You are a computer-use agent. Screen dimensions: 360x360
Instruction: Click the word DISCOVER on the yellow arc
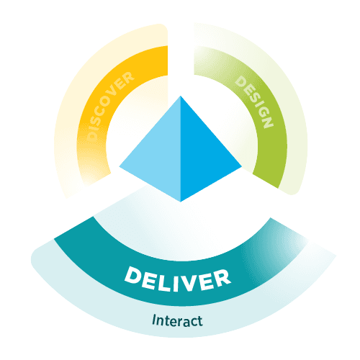pyautogui.click(x=110, y=106)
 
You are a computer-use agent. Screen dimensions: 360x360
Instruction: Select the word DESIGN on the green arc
pyautogui.click(x=254, y=102)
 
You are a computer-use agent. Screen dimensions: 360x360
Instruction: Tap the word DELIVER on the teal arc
pyautogui.click(x=178, y=280)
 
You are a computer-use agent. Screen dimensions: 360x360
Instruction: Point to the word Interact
pyautogui.click(x=177, y=320)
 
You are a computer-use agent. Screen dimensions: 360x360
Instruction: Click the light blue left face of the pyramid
pyautogui.click(x=158, y=156)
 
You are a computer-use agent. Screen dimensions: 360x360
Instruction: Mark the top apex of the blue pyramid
pyautogui.click(x=181, y=96)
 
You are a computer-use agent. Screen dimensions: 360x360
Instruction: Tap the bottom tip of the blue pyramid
pyautogui.click(x=181, y=202)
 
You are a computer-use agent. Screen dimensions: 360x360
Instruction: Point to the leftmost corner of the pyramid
pyautogui.click(x=120, y=166)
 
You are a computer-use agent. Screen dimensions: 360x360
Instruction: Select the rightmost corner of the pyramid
pyautogui.click(x=242, y=166)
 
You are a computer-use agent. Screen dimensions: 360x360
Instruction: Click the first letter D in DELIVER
pyautogui.click(x=132, y=274)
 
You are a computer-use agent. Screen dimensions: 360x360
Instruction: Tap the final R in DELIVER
pyautogui.click(x=222, y=277)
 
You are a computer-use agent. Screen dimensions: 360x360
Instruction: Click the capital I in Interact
pyautogui.click(x=154, y=320)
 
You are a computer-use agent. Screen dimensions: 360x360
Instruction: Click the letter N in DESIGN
pyautogui.click(x=268, y=122)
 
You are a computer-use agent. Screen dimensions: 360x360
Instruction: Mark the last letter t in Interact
pyautogui.click(x=200, y=321)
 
